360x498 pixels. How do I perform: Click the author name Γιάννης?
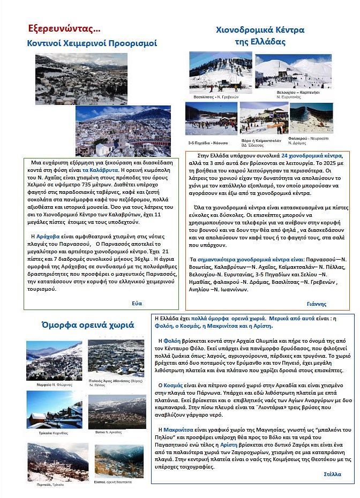pos(317,304)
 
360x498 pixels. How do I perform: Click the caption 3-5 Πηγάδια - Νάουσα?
pos(208,143)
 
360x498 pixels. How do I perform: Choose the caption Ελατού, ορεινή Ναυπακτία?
pos(112,482)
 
